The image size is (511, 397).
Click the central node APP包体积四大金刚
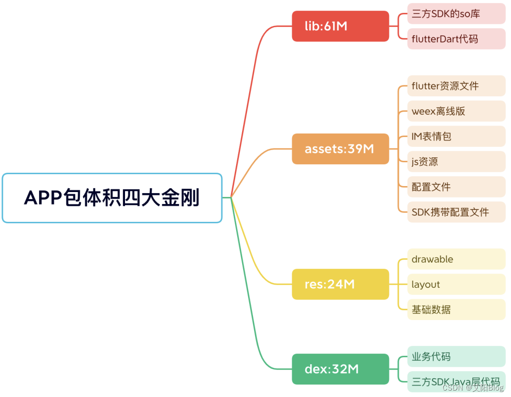click(112, 198)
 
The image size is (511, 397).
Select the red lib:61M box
click(340, 26)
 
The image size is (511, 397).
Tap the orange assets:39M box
click(340, 149)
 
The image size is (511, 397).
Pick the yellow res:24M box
click(340, 284)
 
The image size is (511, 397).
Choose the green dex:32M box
click(340, 369)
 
